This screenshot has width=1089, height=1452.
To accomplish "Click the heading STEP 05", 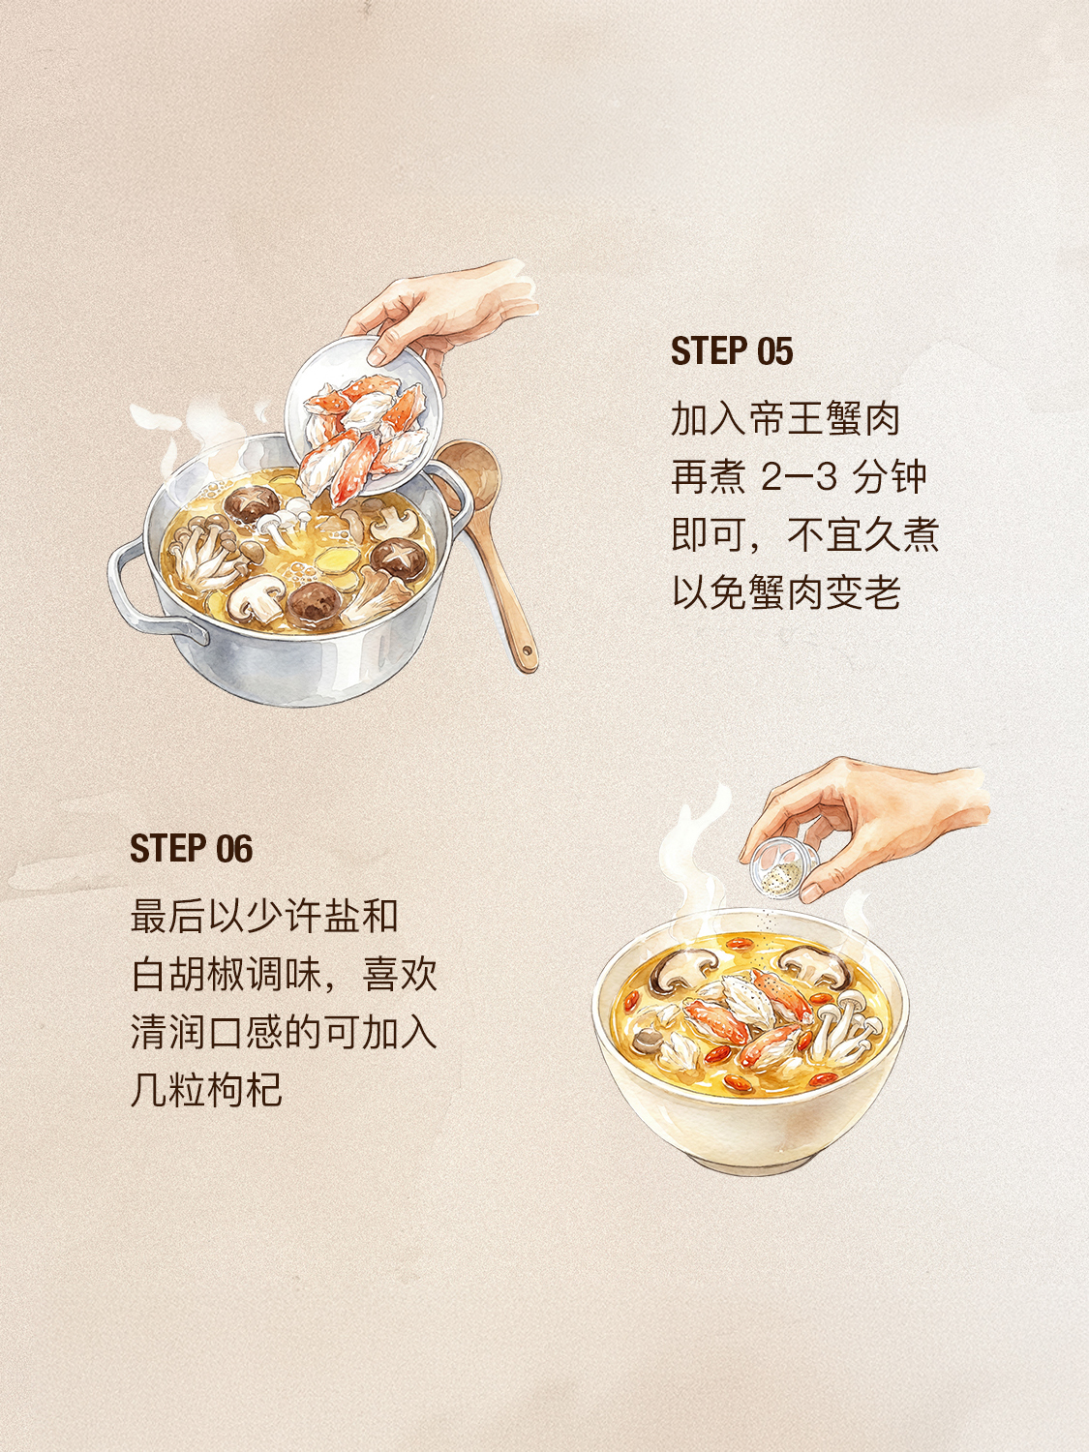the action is tap(731, 350).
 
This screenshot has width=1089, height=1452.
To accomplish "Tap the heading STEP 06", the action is tap(191, 849).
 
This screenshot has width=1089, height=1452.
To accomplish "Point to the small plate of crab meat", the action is tap(363, 423).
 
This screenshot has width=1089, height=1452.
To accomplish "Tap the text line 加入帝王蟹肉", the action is tap(785, 419).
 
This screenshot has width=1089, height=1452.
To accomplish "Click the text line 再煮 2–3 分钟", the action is tap(799, 476).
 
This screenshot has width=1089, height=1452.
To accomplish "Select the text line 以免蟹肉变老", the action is tap(786, 592).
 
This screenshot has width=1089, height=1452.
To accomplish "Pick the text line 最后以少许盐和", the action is tap(264, 916).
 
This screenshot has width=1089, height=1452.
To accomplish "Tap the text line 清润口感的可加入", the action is tap(284, 1032).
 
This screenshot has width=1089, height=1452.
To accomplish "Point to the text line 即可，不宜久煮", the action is tap(804, 534).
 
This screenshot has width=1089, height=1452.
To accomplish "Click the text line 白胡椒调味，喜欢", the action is tap(284, 975).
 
